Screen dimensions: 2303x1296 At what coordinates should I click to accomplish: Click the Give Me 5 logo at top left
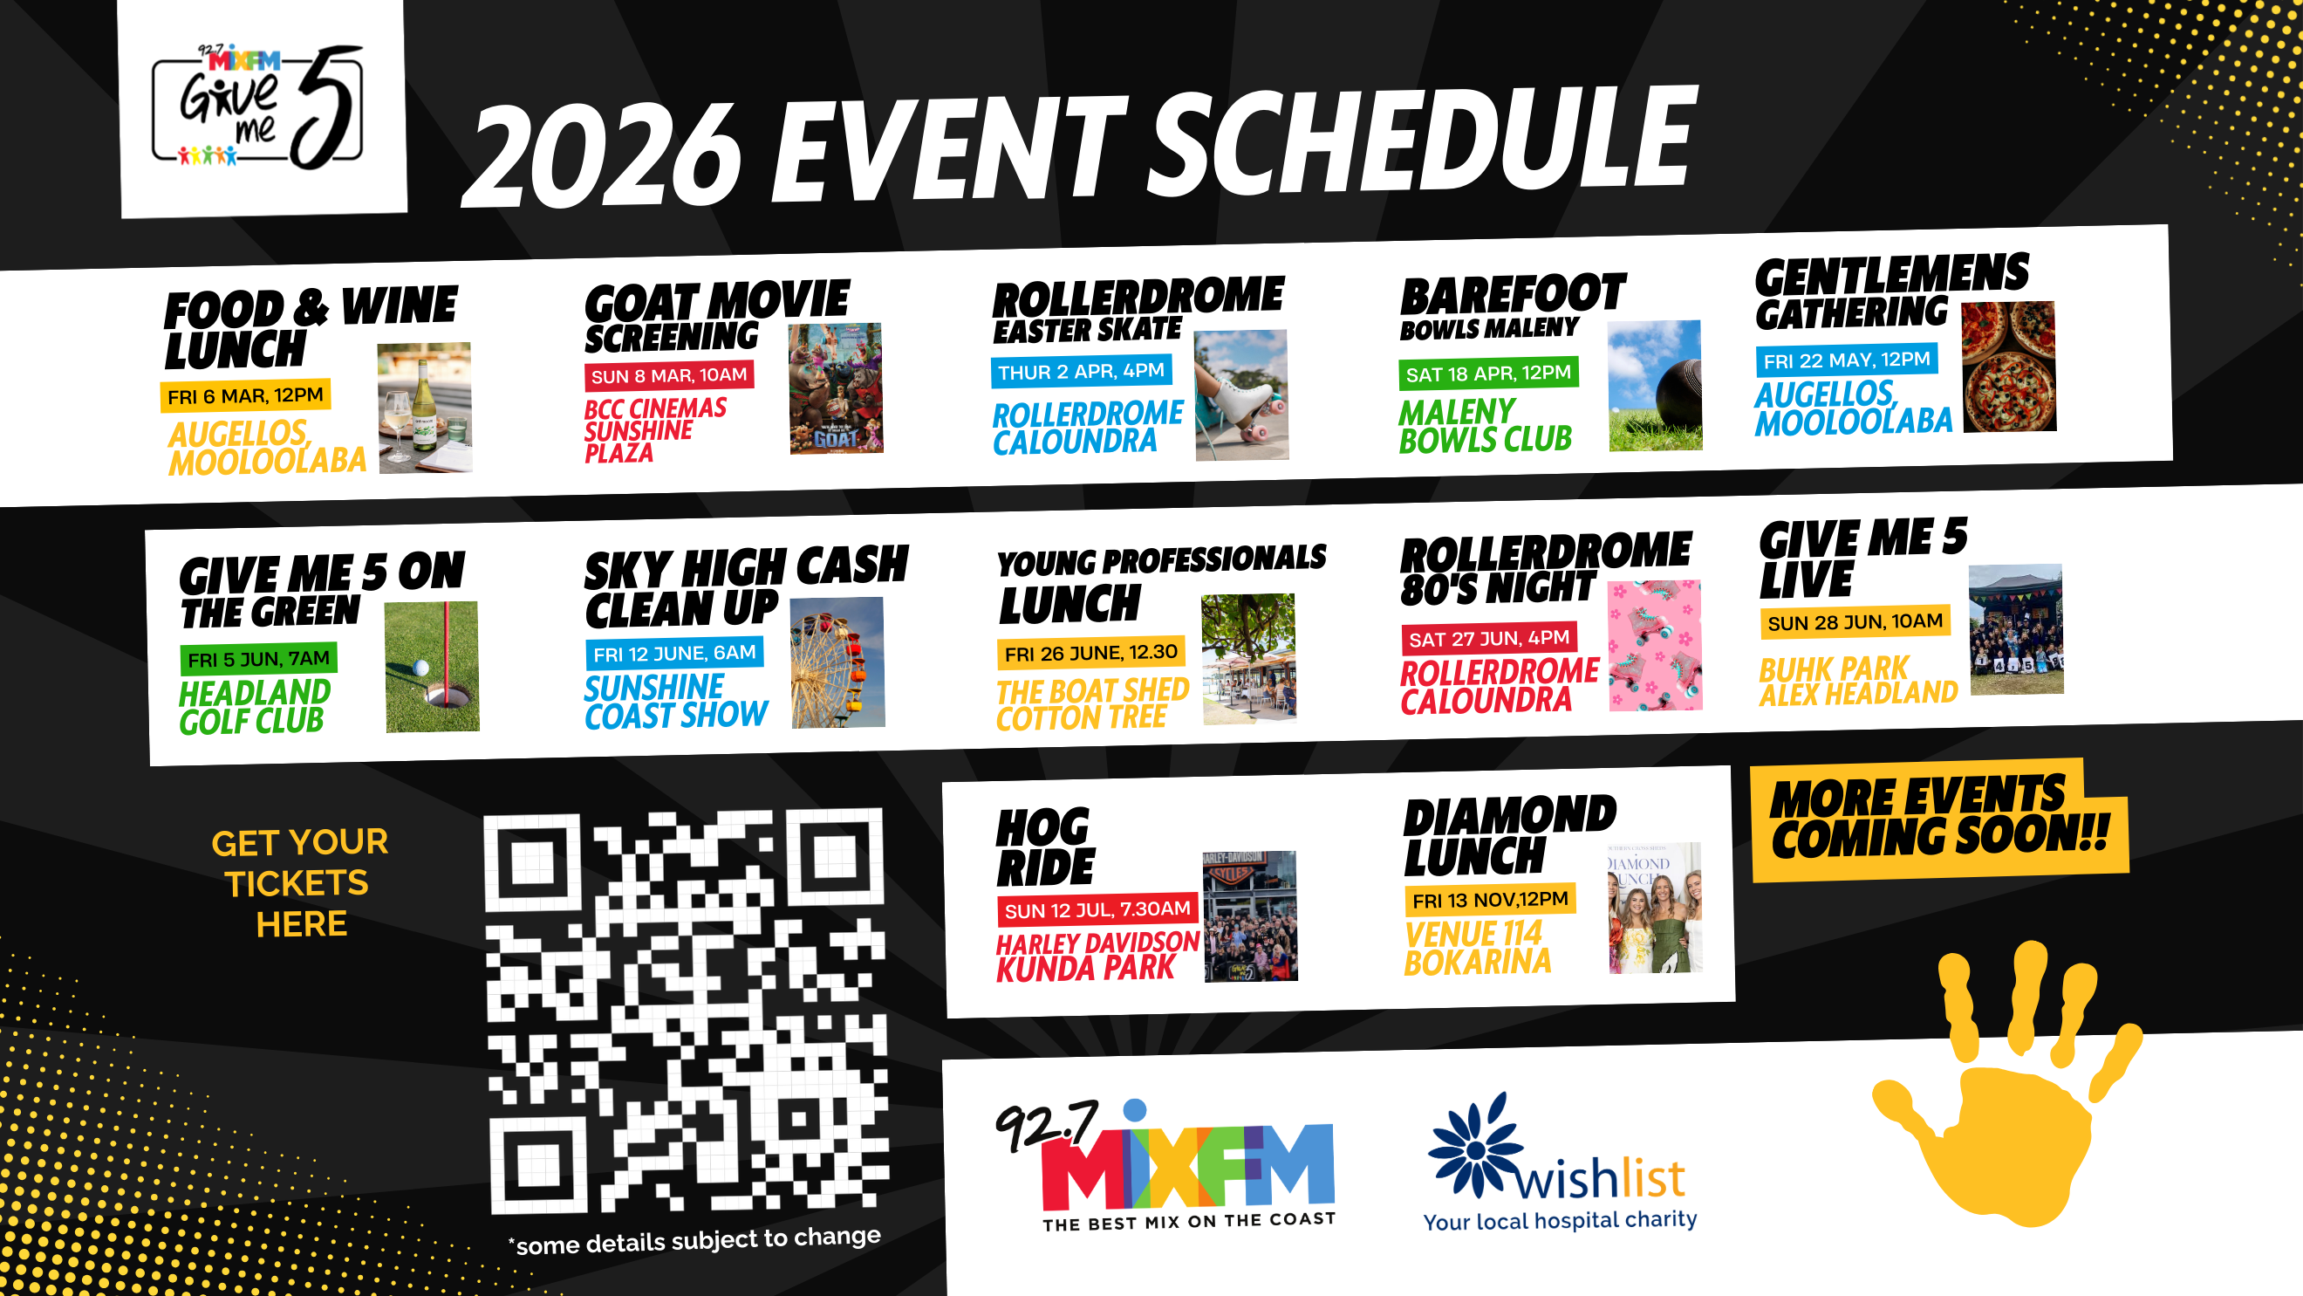258,107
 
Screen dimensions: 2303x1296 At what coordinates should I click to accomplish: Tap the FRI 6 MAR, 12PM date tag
245,395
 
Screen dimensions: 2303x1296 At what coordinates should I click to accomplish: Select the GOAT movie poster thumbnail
836,388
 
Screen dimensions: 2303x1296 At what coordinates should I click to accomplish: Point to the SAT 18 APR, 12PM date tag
1487,372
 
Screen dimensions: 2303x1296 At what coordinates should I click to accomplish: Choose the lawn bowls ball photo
1655,386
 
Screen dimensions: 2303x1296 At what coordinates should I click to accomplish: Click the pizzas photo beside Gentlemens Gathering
2008,367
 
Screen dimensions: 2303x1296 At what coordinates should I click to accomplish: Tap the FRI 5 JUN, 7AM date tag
258,659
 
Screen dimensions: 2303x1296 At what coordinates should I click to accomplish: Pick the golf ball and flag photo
432,667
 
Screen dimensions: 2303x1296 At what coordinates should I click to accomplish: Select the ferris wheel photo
837,662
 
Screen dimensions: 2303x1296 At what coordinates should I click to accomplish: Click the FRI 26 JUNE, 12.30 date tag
1090,653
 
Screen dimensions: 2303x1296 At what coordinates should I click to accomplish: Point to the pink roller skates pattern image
1655,646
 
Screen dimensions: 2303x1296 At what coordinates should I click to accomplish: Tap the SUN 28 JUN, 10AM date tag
1855,621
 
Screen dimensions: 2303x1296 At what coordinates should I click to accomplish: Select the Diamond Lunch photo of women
1655,908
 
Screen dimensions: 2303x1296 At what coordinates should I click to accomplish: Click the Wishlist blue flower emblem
1476,1146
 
